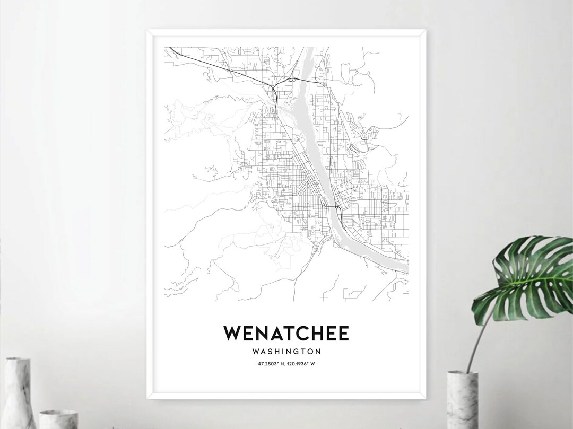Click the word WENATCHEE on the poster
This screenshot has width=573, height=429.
click(286, 333)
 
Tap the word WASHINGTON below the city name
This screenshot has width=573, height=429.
click(286, 351)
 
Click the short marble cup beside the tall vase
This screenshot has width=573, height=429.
click(58, 419)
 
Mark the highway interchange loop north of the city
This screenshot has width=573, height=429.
click(274, 93)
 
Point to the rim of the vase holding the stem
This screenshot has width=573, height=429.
click(462, 373)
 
